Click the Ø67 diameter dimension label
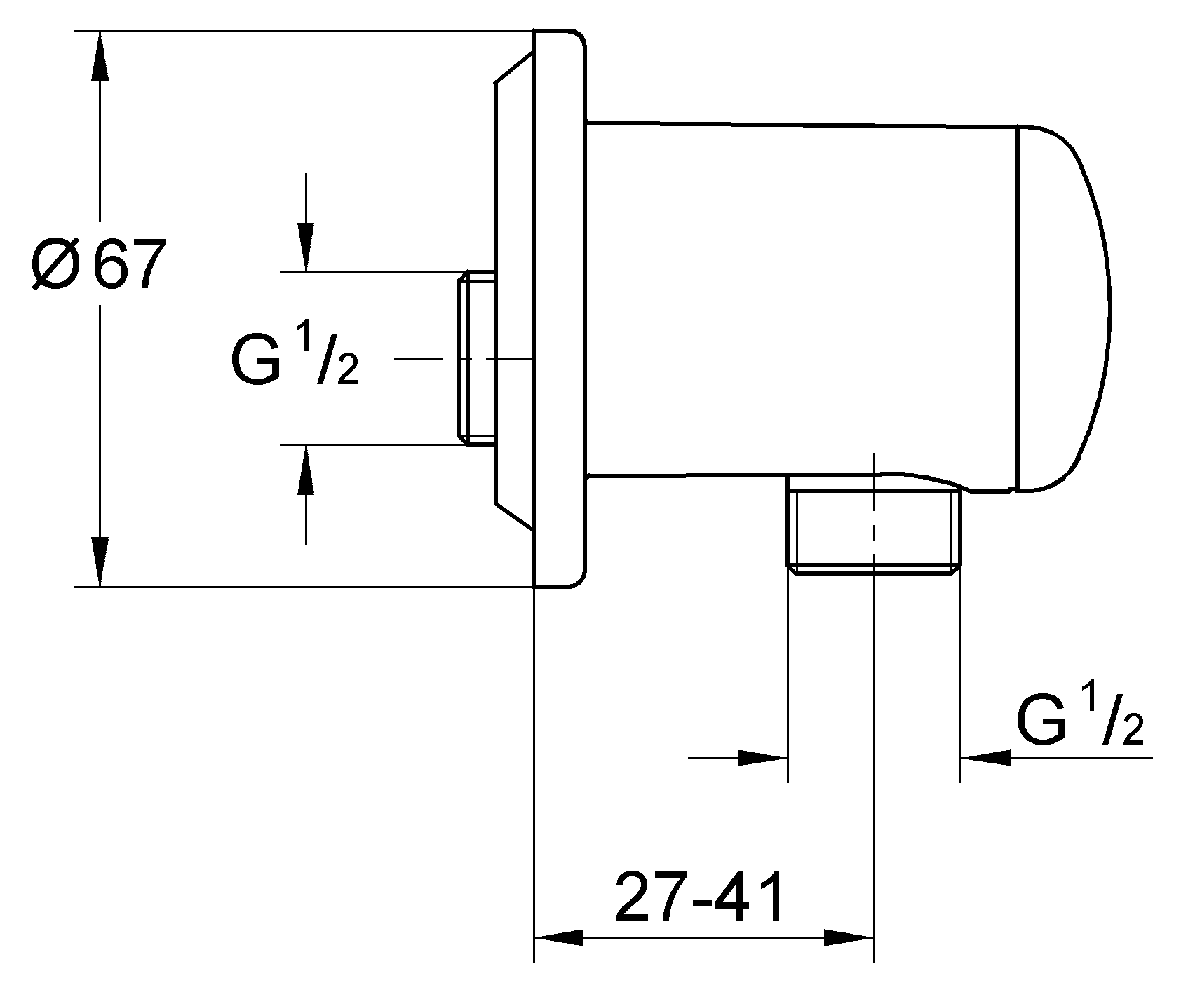(x=98, y=266)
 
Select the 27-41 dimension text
(x=700, y=897)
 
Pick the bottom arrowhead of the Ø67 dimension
(x=100, y=560)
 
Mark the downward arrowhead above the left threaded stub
(x=305, y=246)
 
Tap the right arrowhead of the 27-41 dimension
(x=849, y=938)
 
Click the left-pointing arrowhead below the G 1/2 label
(x=985, y=758)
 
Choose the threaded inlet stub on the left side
(x=476, y=358)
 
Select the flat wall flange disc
(x=558, y=308)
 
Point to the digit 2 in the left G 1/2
(x=347, y=372)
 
